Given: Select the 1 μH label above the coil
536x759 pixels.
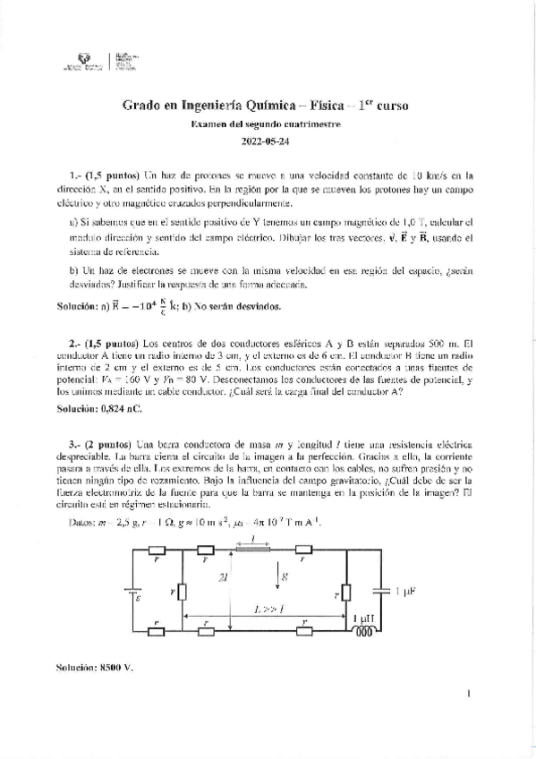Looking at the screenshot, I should [365, 618].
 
